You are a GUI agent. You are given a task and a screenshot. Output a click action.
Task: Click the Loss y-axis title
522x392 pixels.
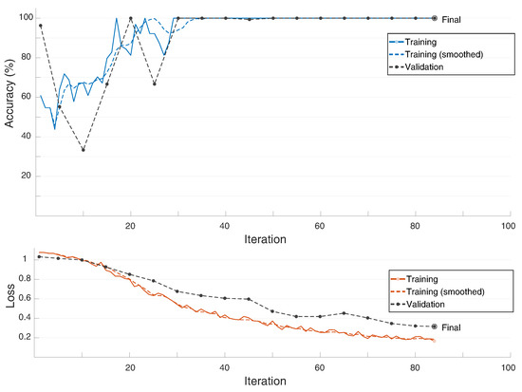(10, 303)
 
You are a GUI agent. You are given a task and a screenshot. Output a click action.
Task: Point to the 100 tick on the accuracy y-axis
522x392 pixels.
(24, 18)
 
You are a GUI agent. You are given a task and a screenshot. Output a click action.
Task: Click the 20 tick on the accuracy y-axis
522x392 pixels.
(26, 176)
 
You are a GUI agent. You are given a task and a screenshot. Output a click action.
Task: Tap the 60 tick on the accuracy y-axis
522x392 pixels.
(26, 96)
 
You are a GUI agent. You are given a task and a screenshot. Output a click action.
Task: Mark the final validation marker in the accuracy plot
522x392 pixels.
(434, 18)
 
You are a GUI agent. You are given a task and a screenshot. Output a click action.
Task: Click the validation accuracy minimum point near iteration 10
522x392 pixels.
(84, 149)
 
